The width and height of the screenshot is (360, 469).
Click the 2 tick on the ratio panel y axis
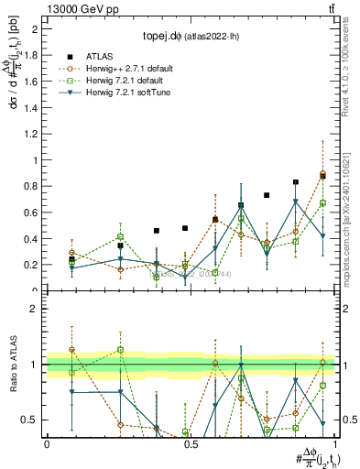[35, 309]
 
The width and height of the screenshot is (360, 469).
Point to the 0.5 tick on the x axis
[191, 443]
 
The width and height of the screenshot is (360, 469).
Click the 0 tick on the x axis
[47, 443]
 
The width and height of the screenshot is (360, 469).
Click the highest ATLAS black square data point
[322, 177]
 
